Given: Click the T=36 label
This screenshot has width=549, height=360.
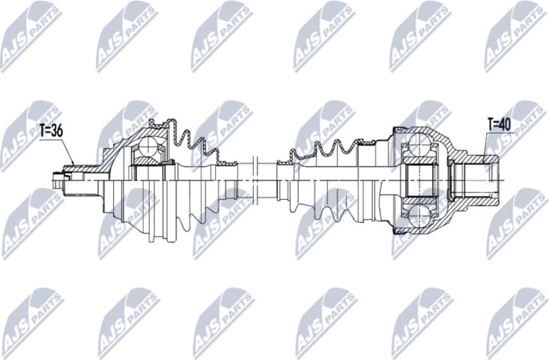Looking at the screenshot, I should tap(50, 130).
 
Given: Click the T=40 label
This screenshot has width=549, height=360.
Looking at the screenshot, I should tap(500, 123).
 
